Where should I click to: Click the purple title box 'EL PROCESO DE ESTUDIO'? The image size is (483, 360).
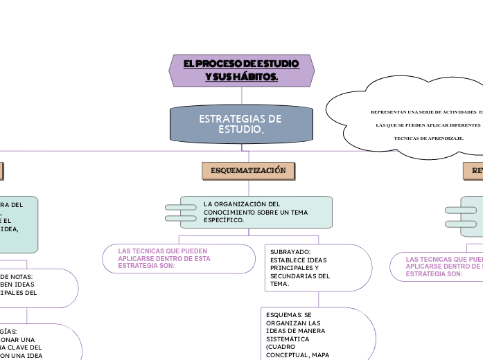point(242,71)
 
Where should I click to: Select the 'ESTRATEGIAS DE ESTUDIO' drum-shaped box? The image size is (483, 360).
point(241,124)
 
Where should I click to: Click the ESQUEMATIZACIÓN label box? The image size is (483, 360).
point(248,170)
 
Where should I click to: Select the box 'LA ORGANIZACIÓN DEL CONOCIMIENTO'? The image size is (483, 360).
point(256,212)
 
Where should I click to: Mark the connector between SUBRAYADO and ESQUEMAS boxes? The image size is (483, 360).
point(319,299)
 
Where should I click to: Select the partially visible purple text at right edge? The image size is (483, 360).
point(444,266)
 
